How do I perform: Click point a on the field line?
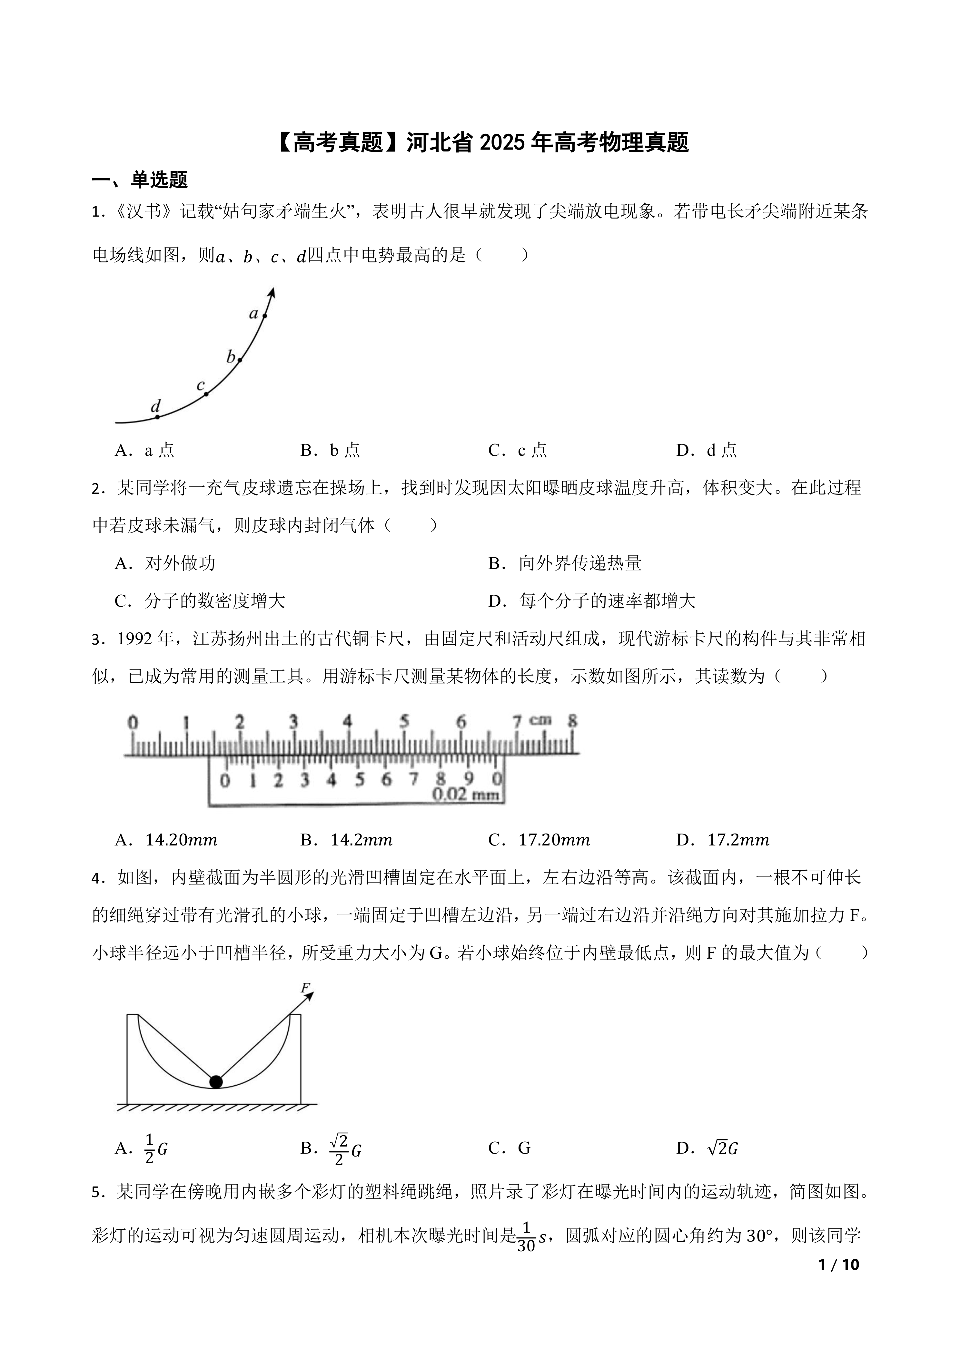[265, 316]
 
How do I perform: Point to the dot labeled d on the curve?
[157, 417]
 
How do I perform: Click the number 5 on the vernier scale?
[359, 780]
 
